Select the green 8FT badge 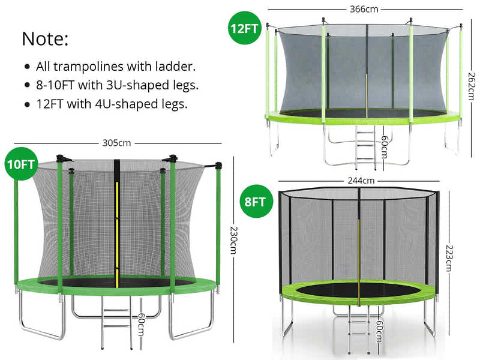coord(254,201)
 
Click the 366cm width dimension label coord(364,9)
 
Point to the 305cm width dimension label coord(116,143)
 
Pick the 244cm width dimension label coord(360,180)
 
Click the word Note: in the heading coord(46,40)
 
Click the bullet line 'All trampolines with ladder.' coord(116,66)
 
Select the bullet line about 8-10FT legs coord(117,85)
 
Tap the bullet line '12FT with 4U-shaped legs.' coord(112,104)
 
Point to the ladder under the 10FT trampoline coord(116,321)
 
